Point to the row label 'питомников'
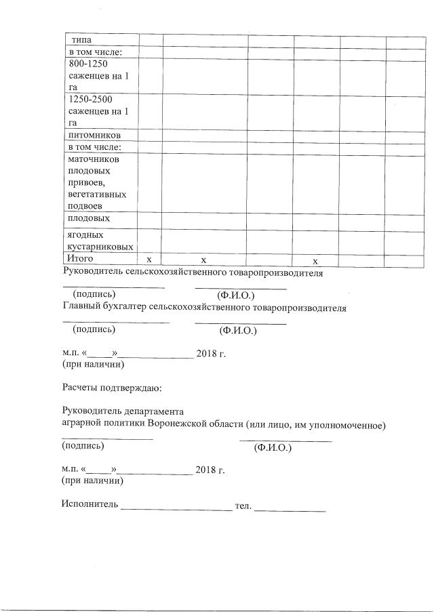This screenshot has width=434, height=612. pos(97,135)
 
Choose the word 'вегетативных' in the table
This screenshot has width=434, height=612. pos(97,195)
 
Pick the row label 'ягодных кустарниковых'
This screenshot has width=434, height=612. pos(98,241)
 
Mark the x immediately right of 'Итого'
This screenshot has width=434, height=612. pos(149,260)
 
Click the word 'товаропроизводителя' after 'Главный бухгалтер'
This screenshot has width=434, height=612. pos(299,308)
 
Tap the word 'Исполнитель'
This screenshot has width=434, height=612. pos(90,505)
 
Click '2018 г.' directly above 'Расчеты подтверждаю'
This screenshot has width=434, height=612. pos(210,354)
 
